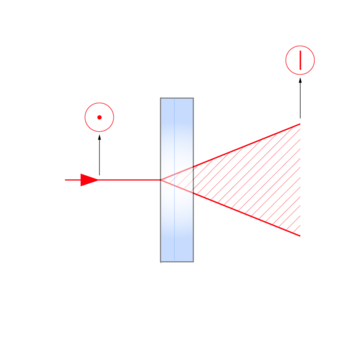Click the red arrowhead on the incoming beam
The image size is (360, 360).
pyautogui.click(x=89, y=180)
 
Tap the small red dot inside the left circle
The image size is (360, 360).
pyautogui.click(x=99, y=118)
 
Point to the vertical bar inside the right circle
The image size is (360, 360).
pyautogui.click(x=300, y=60)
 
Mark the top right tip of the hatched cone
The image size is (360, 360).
pyautogui.click(x=301, y=124)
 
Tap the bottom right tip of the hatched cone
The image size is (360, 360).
pyautogui.click(x=301, y=236)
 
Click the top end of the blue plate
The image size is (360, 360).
pyautogui.click(x=176, y=100)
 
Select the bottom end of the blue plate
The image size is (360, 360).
pyautogui.click(x=176, y=259)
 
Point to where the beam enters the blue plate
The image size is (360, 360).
pyautogui.click(x=162, y=180)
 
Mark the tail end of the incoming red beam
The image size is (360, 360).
pyautogui.click(x=64, y=180)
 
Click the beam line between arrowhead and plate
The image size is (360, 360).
pyautogui.click(x=130, y=180)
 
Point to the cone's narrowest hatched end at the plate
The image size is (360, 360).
pyautogui.click(x=196, y=180)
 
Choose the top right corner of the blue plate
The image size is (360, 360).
pyautogui.click(x=191, y=99)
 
